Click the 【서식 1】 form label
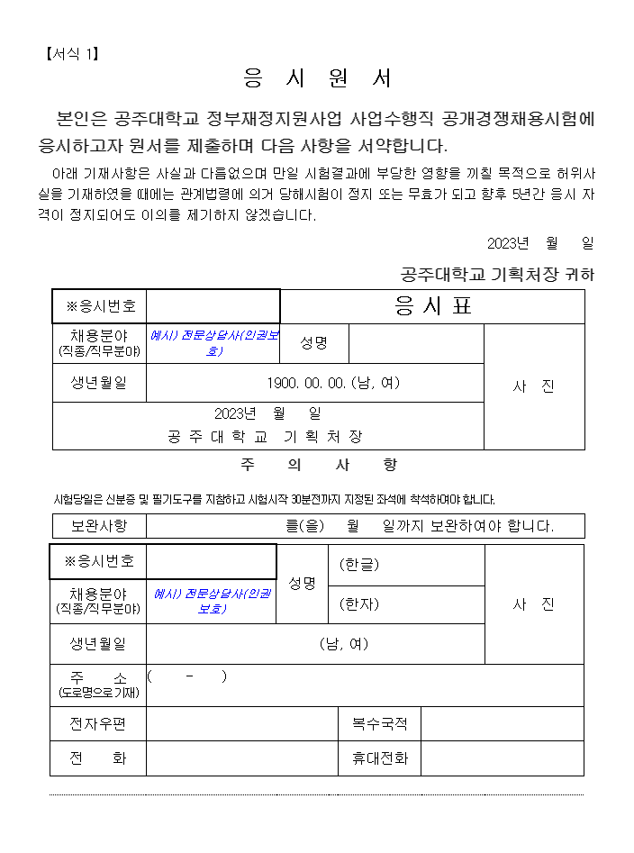tap(71, 54)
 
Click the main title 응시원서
tap(318, 79)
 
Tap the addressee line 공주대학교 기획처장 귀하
tap(497, 275)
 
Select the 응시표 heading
tap(432, 307)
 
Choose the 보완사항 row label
tap(98, 526)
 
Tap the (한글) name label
tap(359, 565)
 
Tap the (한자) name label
tap(359, 604)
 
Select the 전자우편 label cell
tap(98, 724)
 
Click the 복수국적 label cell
tap(379, 724)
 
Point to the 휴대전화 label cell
tap(379, 758)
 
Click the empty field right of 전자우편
tap(242, 724)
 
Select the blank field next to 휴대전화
tap(502, 758)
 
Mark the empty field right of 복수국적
tap(502, 724)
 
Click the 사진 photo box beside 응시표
tap(534, 386)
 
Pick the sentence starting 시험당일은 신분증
tap(275, 499)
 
